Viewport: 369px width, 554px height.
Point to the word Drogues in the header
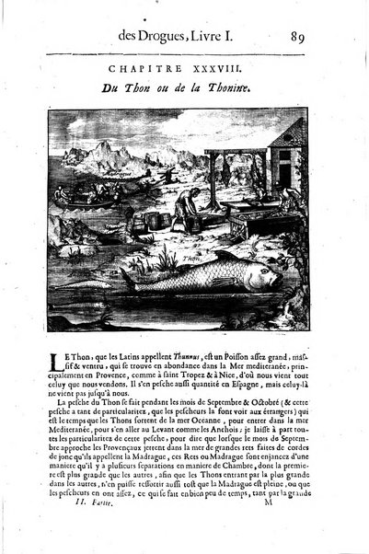coord(173,39)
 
